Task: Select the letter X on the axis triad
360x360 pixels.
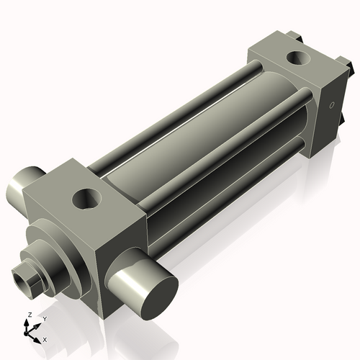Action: (x=45, y=338)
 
